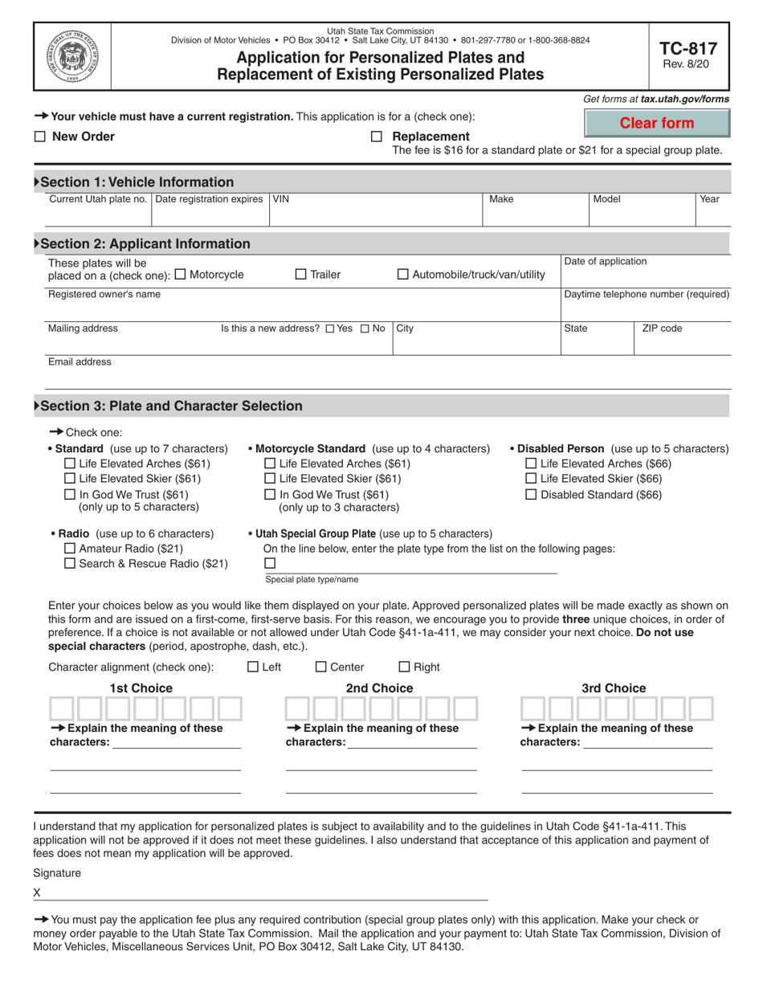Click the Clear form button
click(657, 124)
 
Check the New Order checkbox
click(40, 137)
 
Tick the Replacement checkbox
click(377, 137)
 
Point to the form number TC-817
click(688, 48)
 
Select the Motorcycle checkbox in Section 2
click(179, 275)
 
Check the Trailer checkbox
click(301, 275)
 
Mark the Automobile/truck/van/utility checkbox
click(403, 275)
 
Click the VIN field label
click(280, 199)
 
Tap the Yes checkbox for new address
click(330, 329)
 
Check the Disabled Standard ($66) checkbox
click(531, 495)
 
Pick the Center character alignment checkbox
click(321, 667)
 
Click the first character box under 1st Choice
click(62, 708)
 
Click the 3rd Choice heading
click(614, 688)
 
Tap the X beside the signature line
click(37, 893)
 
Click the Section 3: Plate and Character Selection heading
click(171, 406)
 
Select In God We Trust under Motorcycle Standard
click(270, 495)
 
